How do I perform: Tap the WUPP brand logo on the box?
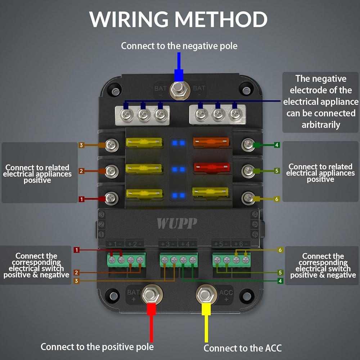point(177,223)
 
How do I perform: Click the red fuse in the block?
point(212,167)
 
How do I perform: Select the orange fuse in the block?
point(211,142)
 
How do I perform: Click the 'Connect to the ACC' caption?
point(243,348)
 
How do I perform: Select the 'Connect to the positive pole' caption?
point(97,347)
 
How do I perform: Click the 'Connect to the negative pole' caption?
point(179,46)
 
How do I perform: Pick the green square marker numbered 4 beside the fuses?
point(276,145)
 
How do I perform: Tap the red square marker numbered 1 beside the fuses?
point(81,199)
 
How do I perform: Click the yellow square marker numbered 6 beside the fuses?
point(276,199)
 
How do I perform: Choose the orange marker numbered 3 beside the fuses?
point(81,145)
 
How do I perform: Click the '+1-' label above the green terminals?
point(115,244)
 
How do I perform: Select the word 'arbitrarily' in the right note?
point(321,125)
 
